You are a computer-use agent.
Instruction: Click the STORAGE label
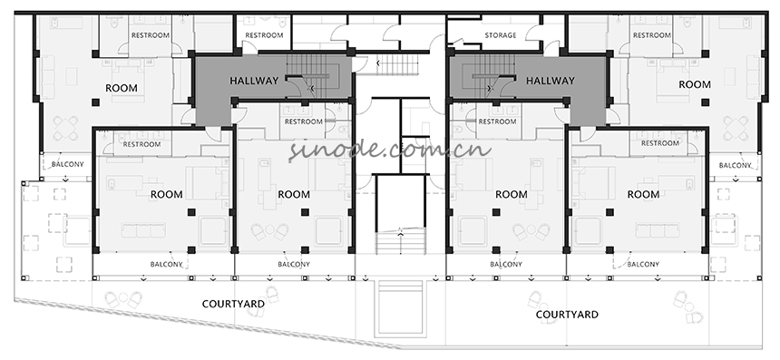[x=501, y=35]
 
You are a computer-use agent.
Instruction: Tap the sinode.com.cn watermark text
[x=390, y=150]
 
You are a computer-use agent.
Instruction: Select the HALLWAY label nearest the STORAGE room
[x=551, y=81]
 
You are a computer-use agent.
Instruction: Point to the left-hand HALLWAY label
[x=254, y=81]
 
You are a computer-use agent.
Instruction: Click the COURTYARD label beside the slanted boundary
[x=233, y=304]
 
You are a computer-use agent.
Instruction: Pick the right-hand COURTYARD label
[x=567, y=315]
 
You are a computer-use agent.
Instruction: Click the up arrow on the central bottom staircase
[x=401, y=230]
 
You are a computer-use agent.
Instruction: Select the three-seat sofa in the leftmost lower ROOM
[x=144, y=230]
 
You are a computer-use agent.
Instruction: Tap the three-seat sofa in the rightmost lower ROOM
[x=658, y=230]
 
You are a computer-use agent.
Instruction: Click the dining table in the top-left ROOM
[x=65, y=128]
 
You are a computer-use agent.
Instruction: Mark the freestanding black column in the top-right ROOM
[x=705, y=102]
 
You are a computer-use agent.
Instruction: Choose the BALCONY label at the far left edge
[x=68, y=164]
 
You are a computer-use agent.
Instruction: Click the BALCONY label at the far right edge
[x=735, y=165]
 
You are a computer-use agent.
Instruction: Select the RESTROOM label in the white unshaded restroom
[x=264, y=35]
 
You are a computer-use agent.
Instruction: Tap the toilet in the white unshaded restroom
[x=283, y=23]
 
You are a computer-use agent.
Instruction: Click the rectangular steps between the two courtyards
[x=400, y=308]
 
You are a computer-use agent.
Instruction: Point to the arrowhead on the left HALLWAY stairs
[x=311, y=89]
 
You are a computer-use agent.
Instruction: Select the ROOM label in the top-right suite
[x=695, y=84]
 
